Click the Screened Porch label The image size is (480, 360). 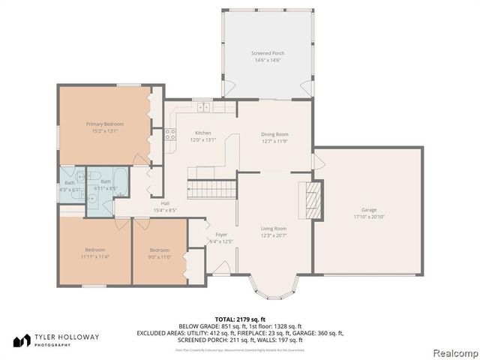click(267, 53)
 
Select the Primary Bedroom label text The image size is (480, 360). click(104, 124)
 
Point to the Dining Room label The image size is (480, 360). click(274, 134)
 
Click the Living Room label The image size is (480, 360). click(274, 229)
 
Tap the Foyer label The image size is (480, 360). click(221, 235)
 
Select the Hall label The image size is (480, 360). click(164, 203)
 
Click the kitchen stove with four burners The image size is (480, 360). click(170, 135)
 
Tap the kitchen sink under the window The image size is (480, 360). click(200, 107)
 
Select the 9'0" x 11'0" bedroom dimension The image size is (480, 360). click(160, 256)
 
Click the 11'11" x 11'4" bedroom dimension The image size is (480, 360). click(94, 256)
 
